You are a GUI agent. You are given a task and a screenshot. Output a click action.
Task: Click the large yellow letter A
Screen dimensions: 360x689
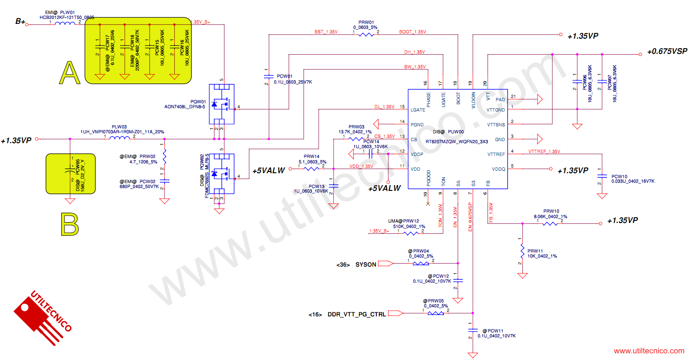pos(70,73)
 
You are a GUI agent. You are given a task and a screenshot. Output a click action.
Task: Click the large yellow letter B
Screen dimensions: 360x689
pos(70,224)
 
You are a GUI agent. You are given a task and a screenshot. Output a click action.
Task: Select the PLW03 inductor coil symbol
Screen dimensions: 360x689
pos(119,138)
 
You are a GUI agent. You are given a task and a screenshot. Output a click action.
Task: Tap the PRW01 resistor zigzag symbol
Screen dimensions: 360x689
pos(366,35)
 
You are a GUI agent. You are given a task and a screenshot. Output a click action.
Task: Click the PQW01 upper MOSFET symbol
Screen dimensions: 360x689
pos(222,104)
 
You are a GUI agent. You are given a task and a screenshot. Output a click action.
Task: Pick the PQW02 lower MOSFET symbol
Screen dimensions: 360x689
pos(222,174)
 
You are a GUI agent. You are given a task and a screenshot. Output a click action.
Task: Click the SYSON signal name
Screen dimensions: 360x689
pos(366,265)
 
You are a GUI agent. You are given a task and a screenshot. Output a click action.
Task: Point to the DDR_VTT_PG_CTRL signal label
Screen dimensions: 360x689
pos(357,314)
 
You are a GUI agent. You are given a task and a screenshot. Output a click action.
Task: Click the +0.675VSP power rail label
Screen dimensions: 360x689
pos(667,51)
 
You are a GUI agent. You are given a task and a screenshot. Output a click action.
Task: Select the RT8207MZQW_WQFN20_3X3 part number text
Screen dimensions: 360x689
pos(457,142)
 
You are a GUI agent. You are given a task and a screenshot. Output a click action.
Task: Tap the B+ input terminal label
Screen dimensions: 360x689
pos(20,21)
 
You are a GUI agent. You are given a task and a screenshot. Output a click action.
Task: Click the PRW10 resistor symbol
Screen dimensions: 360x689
pos(550,223)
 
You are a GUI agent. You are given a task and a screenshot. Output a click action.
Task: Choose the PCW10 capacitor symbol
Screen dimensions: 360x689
pos(602,176)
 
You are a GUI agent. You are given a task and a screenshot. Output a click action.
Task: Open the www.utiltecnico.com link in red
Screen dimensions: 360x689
pos(649,351)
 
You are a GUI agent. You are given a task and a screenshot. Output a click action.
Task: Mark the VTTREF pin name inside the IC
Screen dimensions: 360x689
pos(496,154)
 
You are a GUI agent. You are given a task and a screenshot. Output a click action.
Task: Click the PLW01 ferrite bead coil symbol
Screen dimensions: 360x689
pos(65,23)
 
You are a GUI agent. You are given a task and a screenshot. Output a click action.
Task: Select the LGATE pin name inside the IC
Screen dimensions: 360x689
pos(418,110)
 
